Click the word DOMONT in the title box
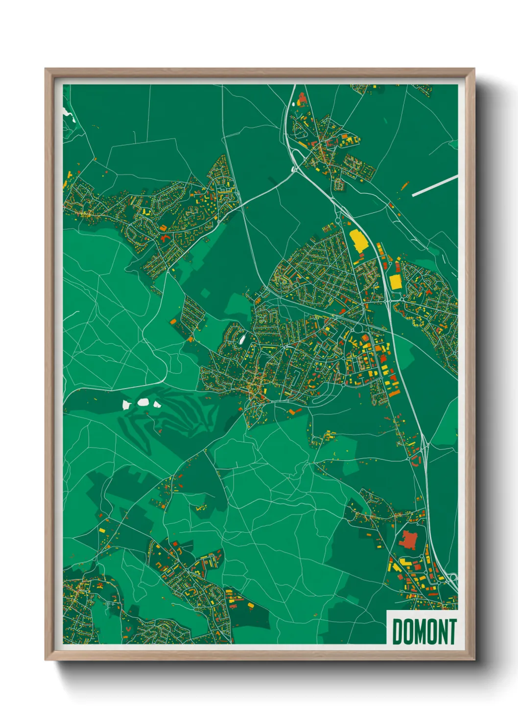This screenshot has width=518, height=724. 424,632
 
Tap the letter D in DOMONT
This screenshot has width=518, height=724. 397,632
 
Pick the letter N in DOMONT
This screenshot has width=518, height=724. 441,632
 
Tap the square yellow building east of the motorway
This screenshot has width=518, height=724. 395,282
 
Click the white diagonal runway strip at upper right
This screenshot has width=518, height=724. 434,186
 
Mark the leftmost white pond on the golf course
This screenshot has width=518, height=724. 126,405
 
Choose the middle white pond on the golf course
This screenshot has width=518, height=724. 143,403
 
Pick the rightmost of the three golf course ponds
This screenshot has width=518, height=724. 157,405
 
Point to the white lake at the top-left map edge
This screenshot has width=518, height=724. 68,114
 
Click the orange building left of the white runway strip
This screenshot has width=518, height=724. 404,186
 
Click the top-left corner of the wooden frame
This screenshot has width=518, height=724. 46,69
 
